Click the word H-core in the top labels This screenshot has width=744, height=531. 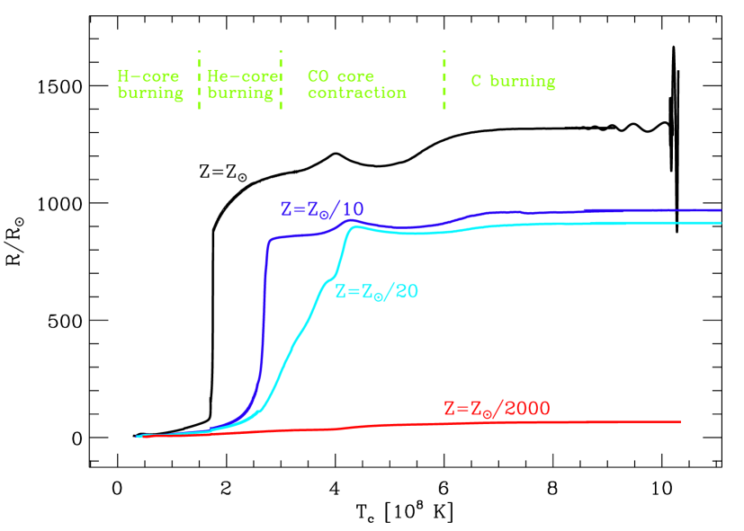[x=148, y=76]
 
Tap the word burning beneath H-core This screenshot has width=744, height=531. [x=150, y=93]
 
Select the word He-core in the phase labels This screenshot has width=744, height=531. [x=240, y=76]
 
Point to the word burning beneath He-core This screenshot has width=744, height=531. [x=240, y=93]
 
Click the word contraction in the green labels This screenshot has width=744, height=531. [x=357, y=93]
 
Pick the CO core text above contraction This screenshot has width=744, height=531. [x=341, y=76]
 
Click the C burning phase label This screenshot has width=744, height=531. [x=513, y=82]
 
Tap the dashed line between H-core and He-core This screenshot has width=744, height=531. [x=199, y=81]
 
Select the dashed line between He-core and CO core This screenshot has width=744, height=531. [x=281, y=81]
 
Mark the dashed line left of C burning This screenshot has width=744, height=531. [x=444, y=81]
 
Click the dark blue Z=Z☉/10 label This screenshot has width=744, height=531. [x=321, y=209]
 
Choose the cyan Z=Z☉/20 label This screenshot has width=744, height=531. [x=376, y=291]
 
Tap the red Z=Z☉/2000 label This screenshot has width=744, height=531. [x=497, y=408]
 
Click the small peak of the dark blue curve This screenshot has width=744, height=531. [x=352, y=220]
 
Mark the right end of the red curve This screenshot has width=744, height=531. [x=679, y=421]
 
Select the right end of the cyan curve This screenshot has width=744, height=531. [x=721, y=222]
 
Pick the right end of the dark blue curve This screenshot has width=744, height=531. [x=721, y=209]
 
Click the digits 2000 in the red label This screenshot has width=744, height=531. [x=527, y=409]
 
